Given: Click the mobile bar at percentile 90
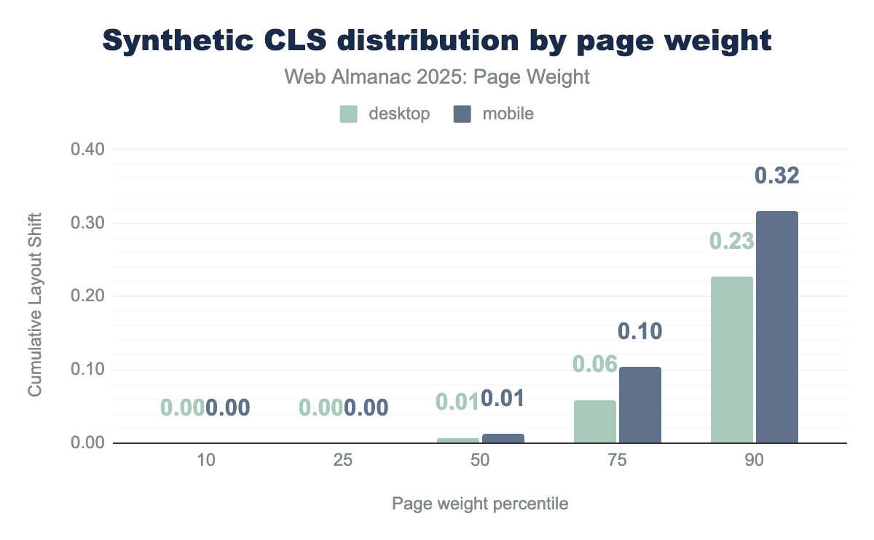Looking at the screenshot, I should click(776, 327).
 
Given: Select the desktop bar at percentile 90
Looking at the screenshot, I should click(731, 360).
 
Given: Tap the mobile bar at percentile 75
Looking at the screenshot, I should click(639, 405).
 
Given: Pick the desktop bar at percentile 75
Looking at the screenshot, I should click(594, 421).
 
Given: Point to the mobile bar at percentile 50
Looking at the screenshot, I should click(503, 438).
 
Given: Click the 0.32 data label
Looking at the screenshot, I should click(776, 175).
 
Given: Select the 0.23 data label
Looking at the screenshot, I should click(731, 241).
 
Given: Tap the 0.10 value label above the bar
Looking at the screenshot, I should click(639, 331).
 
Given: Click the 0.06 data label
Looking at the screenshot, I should click(594, 364).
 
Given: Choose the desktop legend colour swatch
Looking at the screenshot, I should click(349, 114).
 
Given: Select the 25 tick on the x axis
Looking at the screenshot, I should click(343, 462).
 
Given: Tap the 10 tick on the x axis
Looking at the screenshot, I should click(206, 462).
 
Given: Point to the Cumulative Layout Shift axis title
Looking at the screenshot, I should click(34, 304).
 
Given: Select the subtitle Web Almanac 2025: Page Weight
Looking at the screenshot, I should click(437, 77).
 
